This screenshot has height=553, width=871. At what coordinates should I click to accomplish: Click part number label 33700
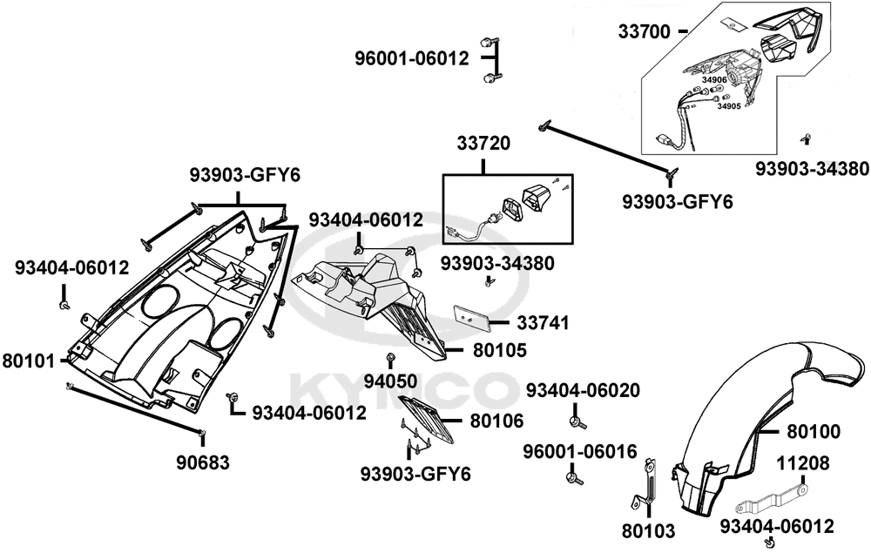click(645, 31)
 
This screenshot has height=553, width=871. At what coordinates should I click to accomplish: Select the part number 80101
click(29, 359)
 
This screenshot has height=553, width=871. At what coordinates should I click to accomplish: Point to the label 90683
click(202, 462)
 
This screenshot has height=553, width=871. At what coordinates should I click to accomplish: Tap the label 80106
click(496, 421)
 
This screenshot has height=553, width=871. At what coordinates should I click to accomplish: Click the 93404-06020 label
click(583, 390)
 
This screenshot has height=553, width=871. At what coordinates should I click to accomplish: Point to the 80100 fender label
click(814, 430)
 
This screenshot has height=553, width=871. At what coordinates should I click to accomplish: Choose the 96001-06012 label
click(412, 59)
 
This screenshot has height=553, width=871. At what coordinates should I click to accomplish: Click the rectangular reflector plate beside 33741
click(471, 316)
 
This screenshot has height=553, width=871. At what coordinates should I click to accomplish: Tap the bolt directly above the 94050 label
click(391, 359)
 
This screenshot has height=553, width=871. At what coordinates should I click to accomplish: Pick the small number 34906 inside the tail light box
click(714, 80)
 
